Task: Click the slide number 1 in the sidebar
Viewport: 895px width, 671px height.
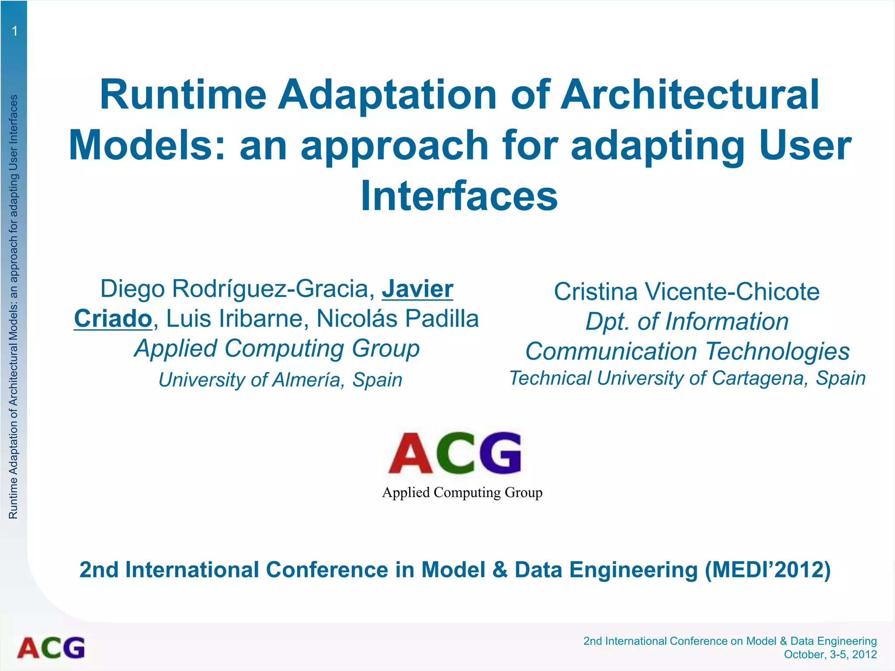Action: [x=14, y=31]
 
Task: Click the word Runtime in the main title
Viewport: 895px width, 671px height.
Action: [x=183, y=94]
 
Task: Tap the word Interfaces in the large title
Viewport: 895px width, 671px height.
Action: [x=459, y=196]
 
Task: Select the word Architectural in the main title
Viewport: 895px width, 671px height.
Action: [x=690, y=94]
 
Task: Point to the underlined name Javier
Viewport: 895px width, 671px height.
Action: [x=417, y=289]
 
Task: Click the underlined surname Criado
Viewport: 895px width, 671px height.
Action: [x=113, y=318]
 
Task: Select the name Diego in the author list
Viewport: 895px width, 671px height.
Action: [x=132, y=289]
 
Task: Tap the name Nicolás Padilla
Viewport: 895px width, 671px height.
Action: [x=398, y=318]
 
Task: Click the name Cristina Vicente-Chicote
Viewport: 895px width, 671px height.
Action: [x=687, y=291]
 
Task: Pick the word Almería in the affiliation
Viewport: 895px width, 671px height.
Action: [x=306, y=380]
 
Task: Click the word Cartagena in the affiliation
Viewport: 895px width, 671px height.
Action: [x=758, y=378]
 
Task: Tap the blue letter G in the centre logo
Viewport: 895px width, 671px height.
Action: [x=500, y=453]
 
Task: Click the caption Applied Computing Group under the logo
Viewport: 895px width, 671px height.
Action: [x=462, y=492]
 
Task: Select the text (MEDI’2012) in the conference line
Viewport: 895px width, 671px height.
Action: [x=767, y=570]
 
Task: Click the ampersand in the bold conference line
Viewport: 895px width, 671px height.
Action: [x=500, y=570]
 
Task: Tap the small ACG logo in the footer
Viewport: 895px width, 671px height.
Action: [x=51, y=648]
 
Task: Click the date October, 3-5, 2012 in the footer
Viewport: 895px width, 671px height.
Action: [x=830, y=654]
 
